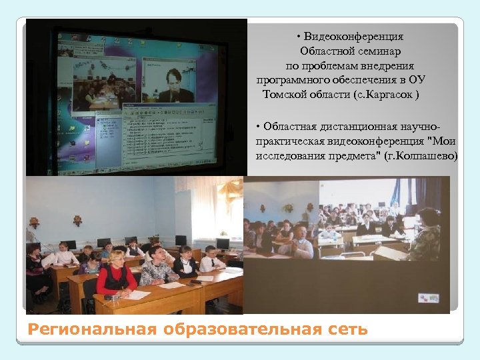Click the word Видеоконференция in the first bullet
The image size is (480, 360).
coord(354,37)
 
